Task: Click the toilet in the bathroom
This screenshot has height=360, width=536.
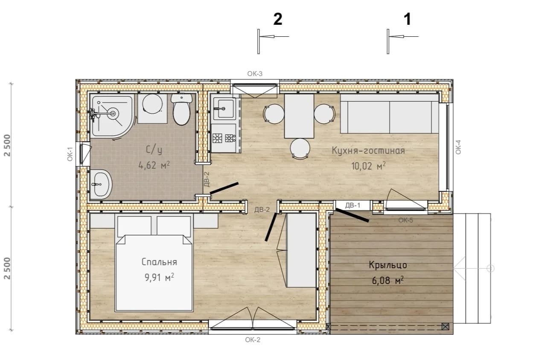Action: (182, 109)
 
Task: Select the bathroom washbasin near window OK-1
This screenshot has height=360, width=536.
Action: (102, 184)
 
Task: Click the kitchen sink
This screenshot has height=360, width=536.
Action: (225, 109)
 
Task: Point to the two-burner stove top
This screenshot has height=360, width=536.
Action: (224, 138)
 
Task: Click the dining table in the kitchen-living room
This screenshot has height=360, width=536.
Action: (299, 116)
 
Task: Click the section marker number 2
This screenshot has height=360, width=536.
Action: (277, 19)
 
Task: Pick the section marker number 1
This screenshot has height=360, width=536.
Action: (408, 19)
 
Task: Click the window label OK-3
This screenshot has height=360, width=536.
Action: (255, 74)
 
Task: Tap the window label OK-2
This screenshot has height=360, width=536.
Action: (253, 340)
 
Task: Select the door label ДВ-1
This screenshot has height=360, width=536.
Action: (352, 205)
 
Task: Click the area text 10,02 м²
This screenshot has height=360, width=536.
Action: (369, 166)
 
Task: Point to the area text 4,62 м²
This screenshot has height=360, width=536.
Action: (154, 165)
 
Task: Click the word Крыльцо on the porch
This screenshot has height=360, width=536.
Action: (388, 265)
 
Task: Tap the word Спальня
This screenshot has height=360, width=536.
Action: (159, 262)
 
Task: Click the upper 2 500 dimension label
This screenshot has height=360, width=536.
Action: (8, 145)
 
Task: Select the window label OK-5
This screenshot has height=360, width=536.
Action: (405, 220)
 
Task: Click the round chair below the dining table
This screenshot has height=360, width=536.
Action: (300, 149)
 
